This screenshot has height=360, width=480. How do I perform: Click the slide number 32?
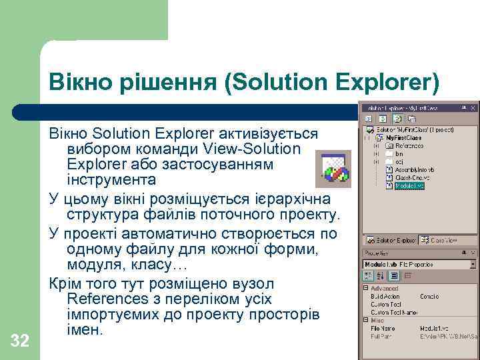tap(20, 341)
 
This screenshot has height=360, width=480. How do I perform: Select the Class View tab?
tap(442, 240)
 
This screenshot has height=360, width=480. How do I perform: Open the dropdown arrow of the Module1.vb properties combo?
tap(473, 264)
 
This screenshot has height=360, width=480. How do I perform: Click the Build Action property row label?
tap(385, 296)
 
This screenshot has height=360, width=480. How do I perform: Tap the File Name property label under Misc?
tap(384, 328)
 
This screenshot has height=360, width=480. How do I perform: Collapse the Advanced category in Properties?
tap(366, 288)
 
